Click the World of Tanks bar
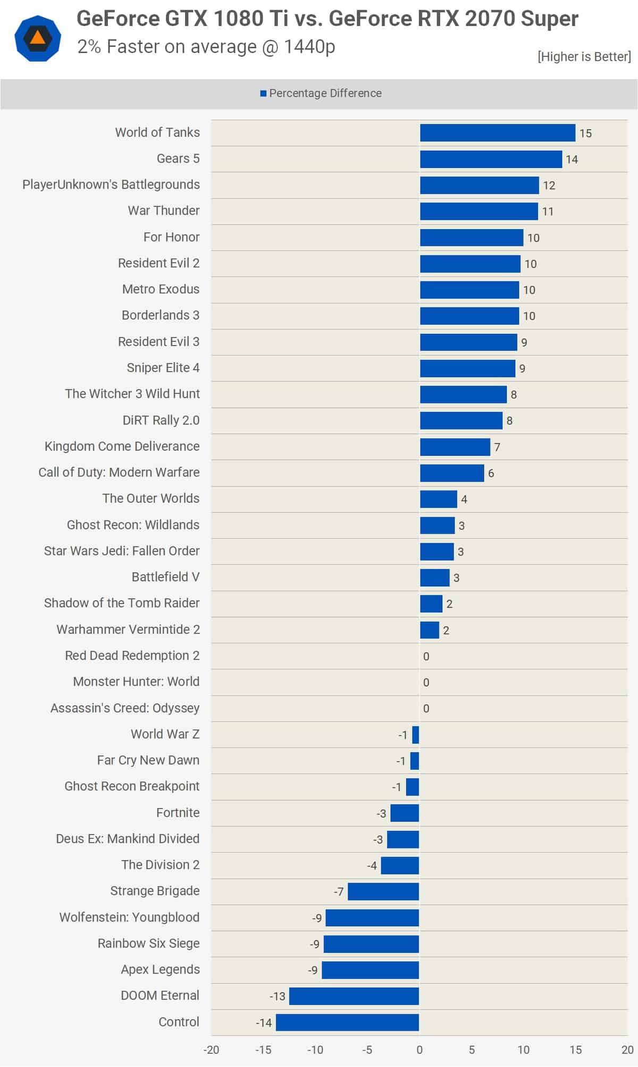tap(497, 133)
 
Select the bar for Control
tap(347, 1022)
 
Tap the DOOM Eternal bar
tap(354, 996)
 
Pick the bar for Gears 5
tap(491, 159)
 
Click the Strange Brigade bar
tap(383, 892)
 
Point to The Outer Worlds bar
tap(438, 499)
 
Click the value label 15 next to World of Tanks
tap(585, 133)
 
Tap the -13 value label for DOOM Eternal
tap(278, 996)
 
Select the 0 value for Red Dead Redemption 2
tap(426, 657)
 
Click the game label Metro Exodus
tap(161, 289)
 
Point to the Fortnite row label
tap(178, 812)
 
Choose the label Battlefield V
tap(165, 577)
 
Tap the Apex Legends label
tap(160, 970)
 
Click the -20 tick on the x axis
tap(211, 1050)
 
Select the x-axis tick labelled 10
tap(523, 1050)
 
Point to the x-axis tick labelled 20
tap(627, 1050)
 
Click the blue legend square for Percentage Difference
tap(263, 94)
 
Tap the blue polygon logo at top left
tap(37, 38)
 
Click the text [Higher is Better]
tap(584, 56)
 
